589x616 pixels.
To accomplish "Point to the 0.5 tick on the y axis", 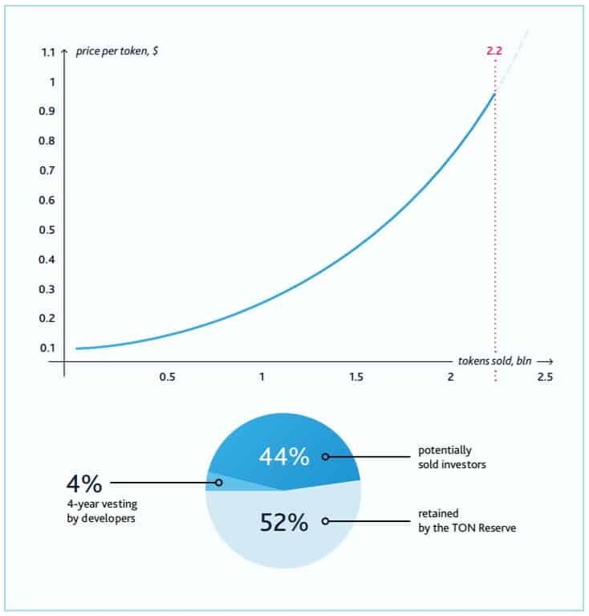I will tap(47, 230).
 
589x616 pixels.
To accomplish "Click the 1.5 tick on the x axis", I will tap(355, 377).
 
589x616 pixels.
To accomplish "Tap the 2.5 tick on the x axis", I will tap(545, 377).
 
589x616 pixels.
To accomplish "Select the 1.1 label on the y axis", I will tap(47, 53).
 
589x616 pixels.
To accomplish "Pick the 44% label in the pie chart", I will tap(283, 456).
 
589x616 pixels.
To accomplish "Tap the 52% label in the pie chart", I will tap(283, 522).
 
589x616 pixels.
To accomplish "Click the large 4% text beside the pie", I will tap(83, 484).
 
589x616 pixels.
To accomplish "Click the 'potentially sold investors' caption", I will tap(453, 456).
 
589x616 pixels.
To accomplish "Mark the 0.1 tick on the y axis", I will tap(47, 348).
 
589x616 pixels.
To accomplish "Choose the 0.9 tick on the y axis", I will tap(47, 111).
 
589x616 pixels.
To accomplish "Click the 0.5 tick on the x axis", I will tap(167, 377).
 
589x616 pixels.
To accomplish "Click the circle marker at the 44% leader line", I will tap(325, 456).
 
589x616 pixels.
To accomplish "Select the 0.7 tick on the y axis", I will tap(47, 170).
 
